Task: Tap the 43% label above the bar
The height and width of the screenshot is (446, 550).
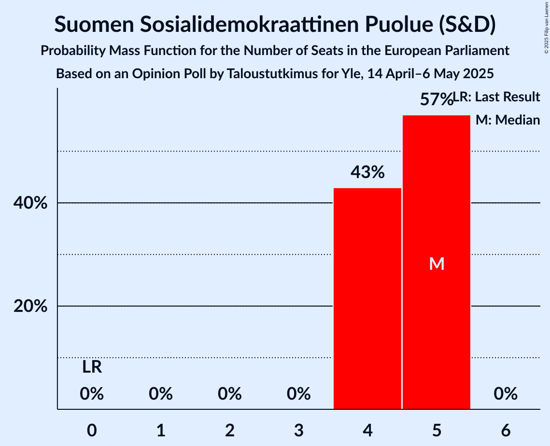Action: [367, 172]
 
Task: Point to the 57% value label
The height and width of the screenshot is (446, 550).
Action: [436, 99]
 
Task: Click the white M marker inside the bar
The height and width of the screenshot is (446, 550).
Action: [437, 264]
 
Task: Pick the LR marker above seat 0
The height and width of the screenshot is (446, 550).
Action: [92, 367]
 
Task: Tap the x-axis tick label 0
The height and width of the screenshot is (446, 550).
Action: [92, 430]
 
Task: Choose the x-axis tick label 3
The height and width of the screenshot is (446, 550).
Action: [299, 430]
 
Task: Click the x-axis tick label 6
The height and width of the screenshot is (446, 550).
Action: [506, 430]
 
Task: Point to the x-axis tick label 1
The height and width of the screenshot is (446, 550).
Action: [161, 430]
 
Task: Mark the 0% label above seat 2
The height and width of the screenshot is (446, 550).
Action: [230, 394]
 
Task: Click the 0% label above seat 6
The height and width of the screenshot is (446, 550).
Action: [506, 394]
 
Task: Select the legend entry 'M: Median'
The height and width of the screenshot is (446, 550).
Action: [508, 120]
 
